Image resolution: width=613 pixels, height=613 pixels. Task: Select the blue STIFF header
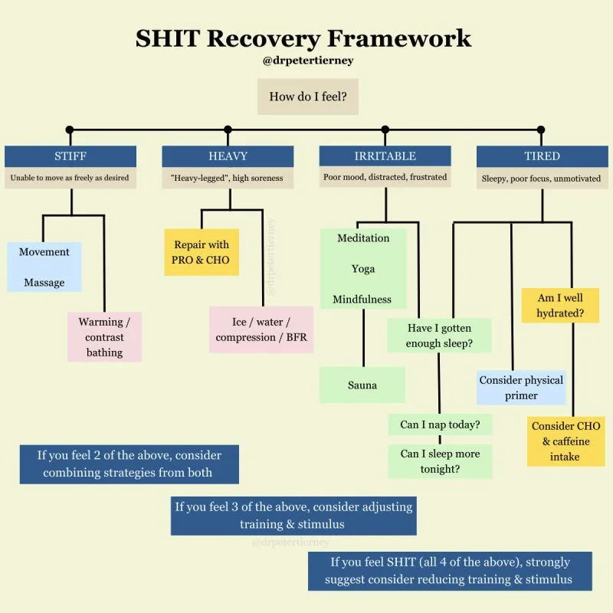pyautogui.click(x=70, y=156)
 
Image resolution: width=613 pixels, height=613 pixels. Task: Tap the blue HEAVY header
pyautogui.click(x=228, y=156)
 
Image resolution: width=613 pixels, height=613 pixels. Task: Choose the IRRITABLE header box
pyautogui.click(x=385, y=156)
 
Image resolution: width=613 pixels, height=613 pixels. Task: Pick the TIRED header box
pyautogui.click(x=542, y=156)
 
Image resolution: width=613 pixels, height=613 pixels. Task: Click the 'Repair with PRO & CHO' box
pyautogui.click(x=201, y=253)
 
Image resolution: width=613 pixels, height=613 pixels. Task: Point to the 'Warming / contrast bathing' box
pyautogui.click(x=104, y=337)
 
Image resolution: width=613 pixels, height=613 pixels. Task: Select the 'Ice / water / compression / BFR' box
pyautogui.click(x=261, y=330)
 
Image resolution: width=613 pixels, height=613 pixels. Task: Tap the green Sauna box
pyautogui.click(x=362, y=385)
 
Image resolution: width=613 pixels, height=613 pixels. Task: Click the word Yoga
pyautogui.click(x=363, y=269)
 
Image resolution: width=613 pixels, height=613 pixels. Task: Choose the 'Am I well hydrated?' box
pyautogui.click(x=559, y=305)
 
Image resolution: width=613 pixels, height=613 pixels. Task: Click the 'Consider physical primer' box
pyautogui.click(x=521, y=388)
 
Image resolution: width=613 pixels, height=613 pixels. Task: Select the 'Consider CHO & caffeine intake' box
pyautogui.click(x=565, y=441)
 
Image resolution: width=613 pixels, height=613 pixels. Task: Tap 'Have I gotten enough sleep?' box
pyautogui.click(x=438, y=336)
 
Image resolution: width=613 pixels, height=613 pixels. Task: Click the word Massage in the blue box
pyautogui.click(x=44, y=283)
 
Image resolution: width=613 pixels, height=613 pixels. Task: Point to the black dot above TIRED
pyautogui.click(x=541, y=129)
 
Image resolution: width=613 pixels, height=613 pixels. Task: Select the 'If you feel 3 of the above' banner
pyautogui.click(x=293, y=516)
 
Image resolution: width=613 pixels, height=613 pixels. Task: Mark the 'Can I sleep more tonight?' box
pyautogui.click(x=440, y=461)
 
